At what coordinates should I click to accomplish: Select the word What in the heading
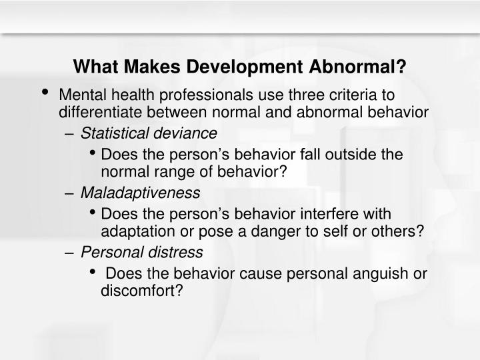(x=95, y=67)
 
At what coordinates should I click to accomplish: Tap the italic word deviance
(x=187, y=133)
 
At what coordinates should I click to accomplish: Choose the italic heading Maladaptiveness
(x=140, y=193)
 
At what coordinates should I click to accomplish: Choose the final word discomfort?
(x=141, y=291)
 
